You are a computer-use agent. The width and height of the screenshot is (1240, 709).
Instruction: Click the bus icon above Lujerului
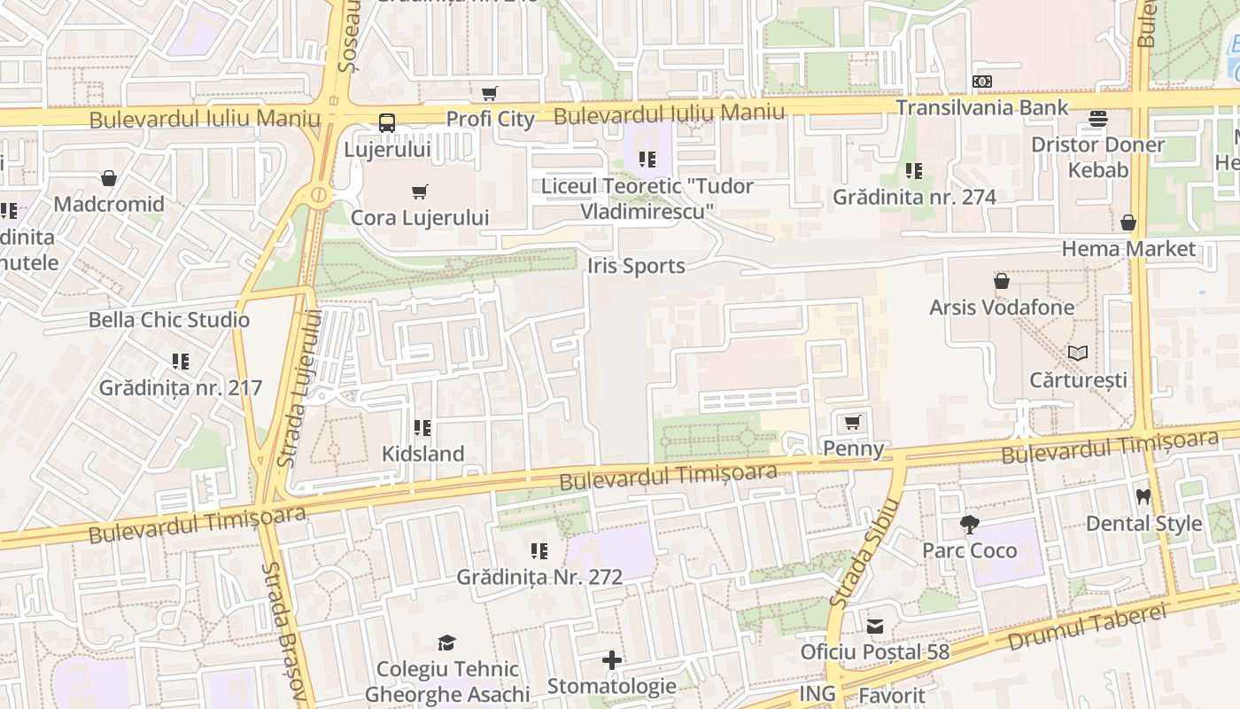pyautogui.click(x=387, y=123)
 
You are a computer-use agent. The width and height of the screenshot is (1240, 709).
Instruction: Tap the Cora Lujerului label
pyautogui.click(x=420, y=217)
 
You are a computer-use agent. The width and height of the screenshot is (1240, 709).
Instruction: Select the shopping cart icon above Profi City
pyautogui.click(x=489, y=93)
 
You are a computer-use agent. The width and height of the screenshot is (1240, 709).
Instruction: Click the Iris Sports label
pyautogui.click(x=636, y=266)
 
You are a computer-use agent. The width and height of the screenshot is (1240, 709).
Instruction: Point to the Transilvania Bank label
pyautogui.click(x=981, y=107)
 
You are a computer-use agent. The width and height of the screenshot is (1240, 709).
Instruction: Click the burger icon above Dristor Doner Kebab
pyautogui.click(x=1098, y=118)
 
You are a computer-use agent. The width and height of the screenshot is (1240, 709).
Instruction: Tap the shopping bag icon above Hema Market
pyautogui.click(x=1128, y=222)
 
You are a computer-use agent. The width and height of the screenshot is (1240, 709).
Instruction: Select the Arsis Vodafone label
pyautogui.click(x=1002, y=308)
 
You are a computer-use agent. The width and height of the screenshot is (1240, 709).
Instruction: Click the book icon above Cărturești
pyautogui.click(x=1078, y=354)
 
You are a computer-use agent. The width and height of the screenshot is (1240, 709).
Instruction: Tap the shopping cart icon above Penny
pyautogui.click(x=853, y=422)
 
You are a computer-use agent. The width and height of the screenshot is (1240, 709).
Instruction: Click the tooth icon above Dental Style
pyautogui.click(x=1143, y=496)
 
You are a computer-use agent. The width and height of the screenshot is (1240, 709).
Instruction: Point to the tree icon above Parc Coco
pyautogui.click(x=970, y=525)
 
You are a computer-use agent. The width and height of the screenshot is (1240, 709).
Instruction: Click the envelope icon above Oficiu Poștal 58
pyautogui.click(x=875, y=627)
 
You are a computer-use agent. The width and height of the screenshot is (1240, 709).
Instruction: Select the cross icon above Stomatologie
pyautogui.click(x=611, y=660)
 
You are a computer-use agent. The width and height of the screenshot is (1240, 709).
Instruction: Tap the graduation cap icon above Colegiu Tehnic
pyautogui.click(x=446, y=643)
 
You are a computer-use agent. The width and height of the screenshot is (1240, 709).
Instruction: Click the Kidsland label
pyautogui.click(x=422, y=454)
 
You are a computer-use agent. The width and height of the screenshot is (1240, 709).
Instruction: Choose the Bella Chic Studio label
pyautogui.click(x=169, y=320)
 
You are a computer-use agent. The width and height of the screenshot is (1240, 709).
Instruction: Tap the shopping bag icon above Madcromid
pyautogui.click(x=109, y=178)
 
